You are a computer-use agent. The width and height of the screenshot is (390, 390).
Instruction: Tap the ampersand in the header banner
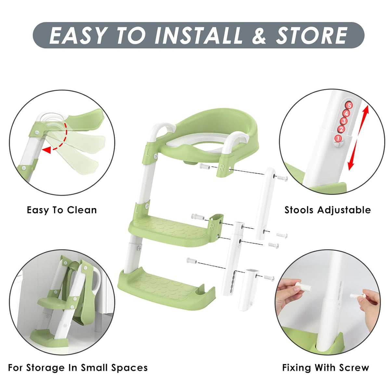[x=259, y=35]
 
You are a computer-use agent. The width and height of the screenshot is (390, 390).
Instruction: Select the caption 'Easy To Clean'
[x=62, y=210]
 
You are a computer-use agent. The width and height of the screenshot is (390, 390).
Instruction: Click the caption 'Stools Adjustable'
[x=328, y=210]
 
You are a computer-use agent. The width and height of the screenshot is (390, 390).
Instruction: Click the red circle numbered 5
[x=349, y=105]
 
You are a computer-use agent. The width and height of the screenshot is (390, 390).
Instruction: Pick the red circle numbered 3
[x=344, y=121]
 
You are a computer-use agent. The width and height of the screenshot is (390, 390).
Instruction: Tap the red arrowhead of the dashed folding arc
[x=46, y=150]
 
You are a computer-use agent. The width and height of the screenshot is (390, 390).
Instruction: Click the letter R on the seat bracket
[x=222, y=168]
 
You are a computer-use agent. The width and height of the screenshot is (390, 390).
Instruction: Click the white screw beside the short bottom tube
[x=269, y=278]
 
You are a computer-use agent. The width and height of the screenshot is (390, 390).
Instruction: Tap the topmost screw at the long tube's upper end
[x=282, y=178]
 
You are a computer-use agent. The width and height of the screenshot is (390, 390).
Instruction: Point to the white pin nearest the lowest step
[x=192, y=261]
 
